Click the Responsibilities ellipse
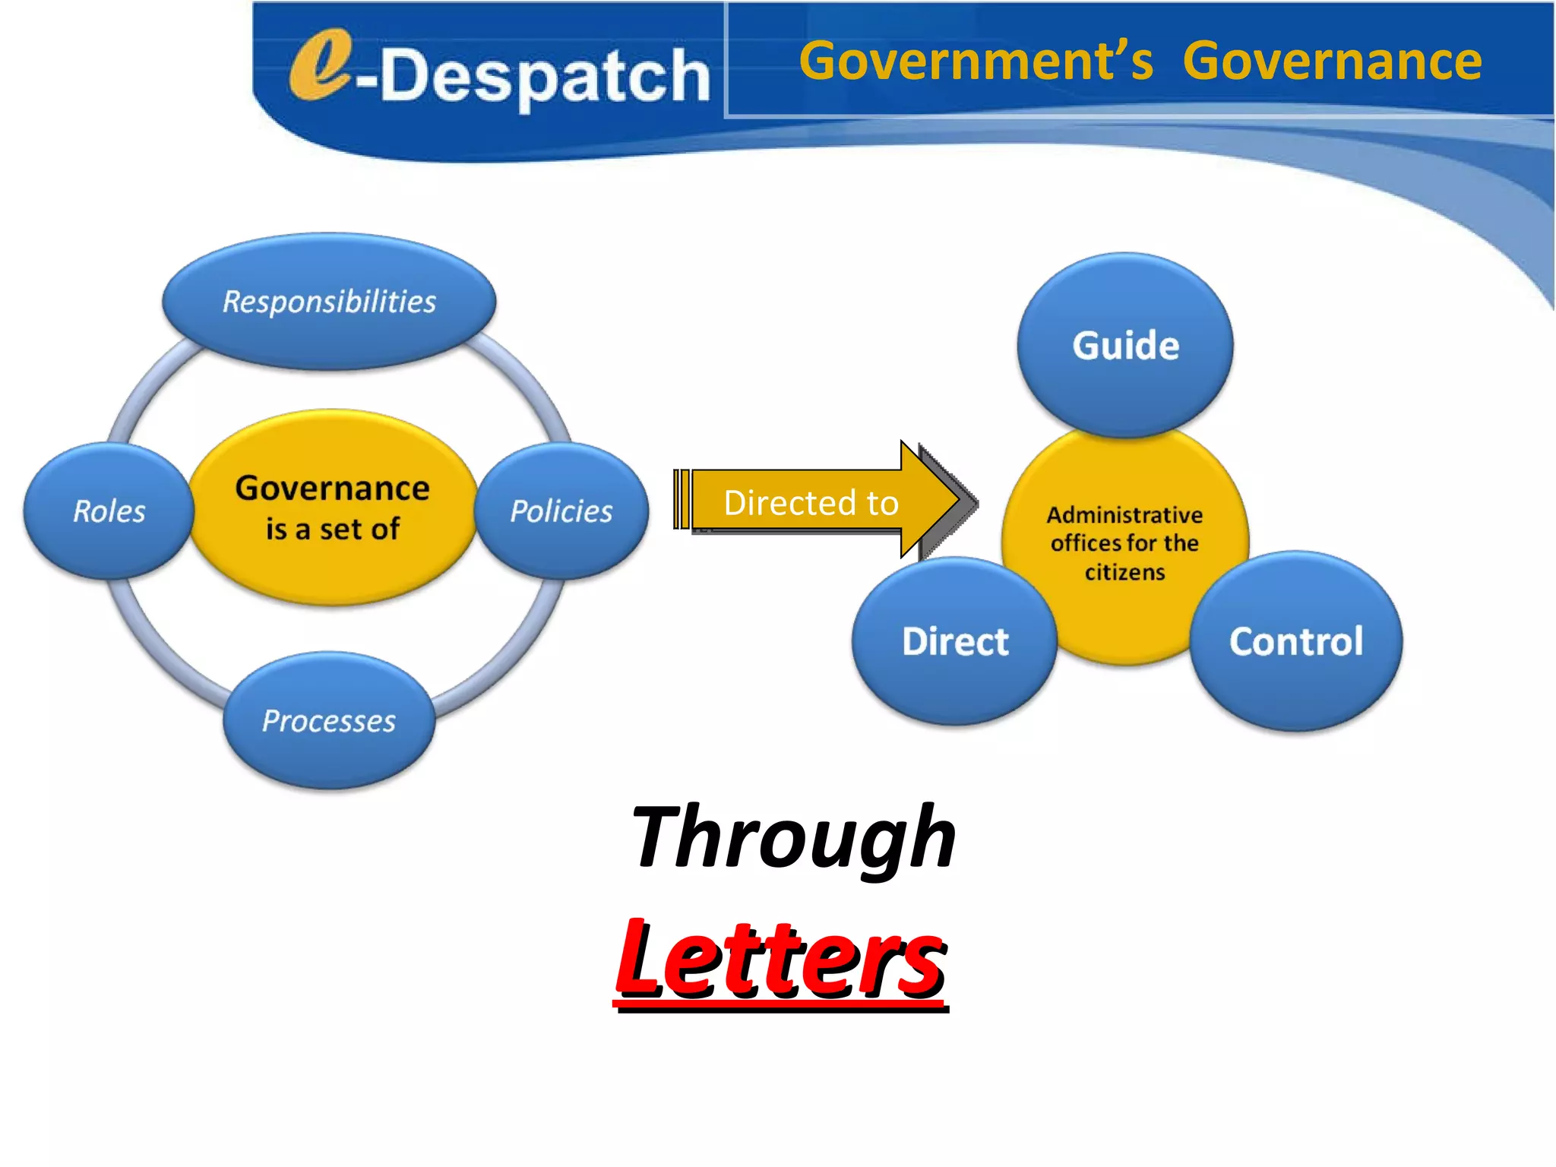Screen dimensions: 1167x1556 (x=329, y=302)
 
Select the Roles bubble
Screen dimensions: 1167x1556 (x=109, y=511)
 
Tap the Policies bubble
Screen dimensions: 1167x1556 (x=561, y=511)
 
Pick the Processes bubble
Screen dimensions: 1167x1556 (x=329, y=720)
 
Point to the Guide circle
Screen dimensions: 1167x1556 (x=1125, y=345)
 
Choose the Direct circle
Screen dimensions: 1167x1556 (x=955, y=641)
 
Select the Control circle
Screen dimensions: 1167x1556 (x=1296, y=641)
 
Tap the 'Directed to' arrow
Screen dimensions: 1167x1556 (x=811, y=503)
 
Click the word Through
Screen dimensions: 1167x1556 (x=793, y=837)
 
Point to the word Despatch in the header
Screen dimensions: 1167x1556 (x=544, y=76)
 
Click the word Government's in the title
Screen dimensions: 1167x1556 (x=976, y=61)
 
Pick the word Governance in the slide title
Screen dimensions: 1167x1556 (x=1332, y=61)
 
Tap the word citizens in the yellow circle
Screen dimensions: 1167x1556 (x=1124, y=572)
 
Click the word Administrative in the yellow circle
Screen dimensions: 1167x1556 (x=1124, y=515)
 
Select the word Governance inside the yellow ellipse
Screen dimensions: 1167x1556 (x=332, y=488)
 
